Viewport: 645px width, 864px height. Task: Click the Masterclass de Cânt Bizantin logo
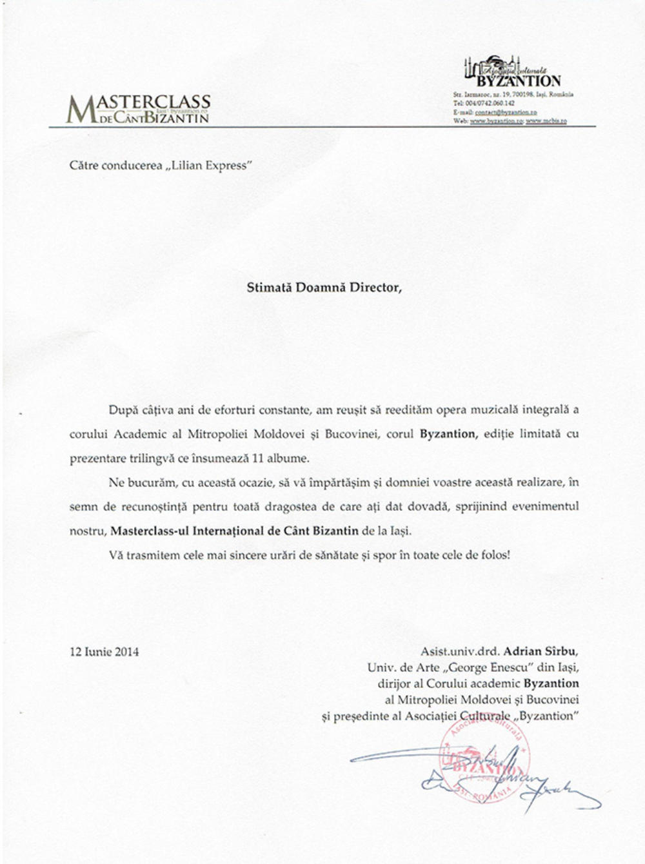(139, 109)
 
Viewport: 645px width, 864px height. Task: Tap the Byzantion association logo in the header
(512, 72)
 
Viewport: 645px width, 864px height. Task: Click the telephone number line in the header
(484, 103)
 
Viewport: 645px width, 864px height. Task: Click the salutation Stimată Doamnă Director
(324, 288)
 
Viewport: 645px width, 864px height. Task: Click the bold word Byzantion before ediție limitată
(448, 434)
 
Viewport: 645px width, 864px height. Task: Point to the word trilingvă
(149, 458)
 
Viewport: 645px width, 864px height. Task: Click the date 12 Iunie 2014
(104, 651)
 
